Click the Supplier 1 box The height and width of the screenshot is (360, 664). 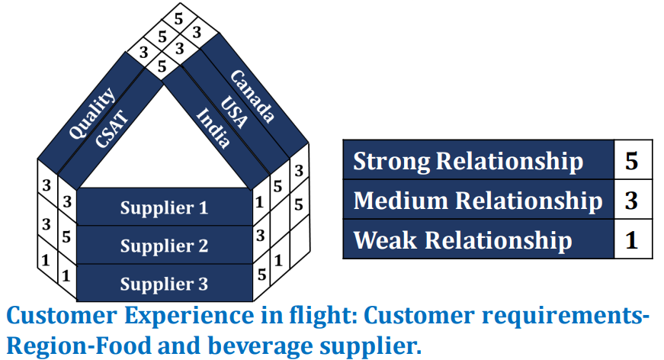pyautogui.click(x=164, y=207)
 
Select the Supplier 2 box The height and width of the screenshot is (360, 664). pyautogui.click(x=164, y=246)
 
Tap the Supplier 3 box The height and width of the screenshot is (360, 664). pyautogui.click(x=164, y=284)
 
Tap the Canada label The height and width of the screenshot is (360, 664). pyautogui.click(x=252, y=97)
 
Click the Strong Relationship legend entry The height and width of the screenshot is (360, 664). pyautogui.click(x=468, y=161)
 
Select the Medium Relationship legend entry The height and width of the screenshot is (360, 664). pyautogui.click(x=477, y=201)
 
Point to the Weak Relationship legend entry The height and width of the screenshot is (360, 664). pyautogui.click(x=463, y=240)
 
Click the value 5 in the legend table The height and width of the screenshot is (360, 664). pyautogui.click(x=632, y=161)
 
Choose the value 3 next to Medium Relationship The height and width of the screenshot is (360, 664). pyautogui.click(x=632, y=201)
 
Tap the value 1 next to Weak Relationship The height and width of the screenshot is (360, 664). pyautogui.click(x=632, y=240)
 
